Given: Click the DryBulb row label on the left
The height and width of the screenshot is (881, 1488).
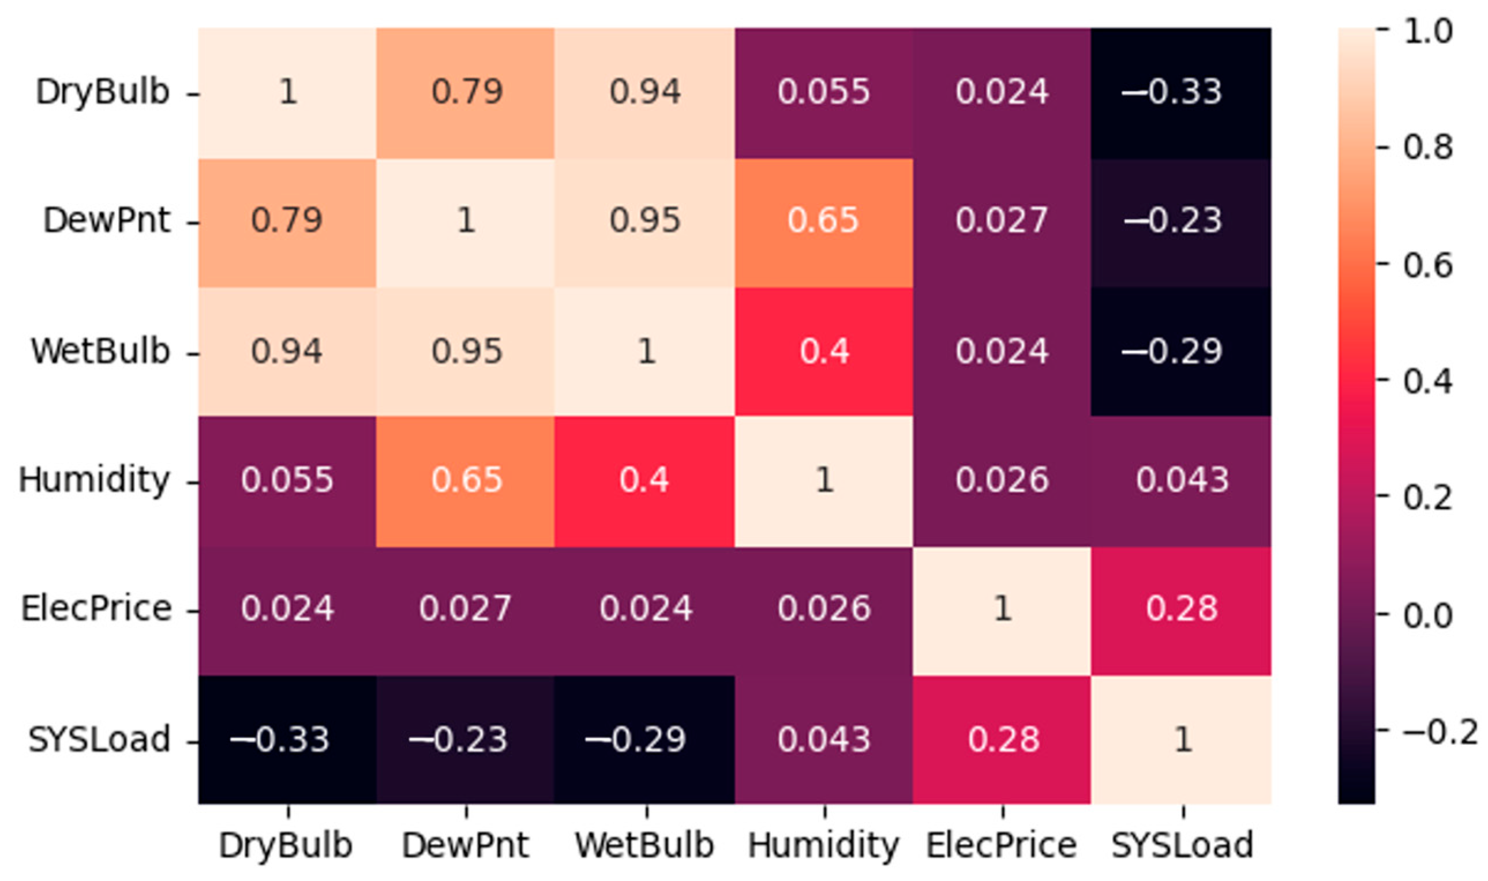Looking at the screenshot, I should click(x=102, y=93).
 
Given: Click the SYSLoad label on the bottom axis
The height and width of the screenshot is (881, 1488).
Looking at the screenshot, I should click(x=1182, y=845).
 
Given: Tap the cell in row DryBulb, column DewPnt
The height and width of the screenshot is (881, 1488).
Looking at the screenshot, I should click(x=466, y=93).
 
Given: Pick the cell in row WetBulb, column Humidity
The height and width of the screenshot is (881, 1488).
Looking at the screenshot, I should click(x=823, y=352).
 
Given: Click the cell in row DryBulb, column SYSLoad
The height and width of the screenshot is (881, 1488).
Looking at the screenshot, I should click(x=1180, y=93).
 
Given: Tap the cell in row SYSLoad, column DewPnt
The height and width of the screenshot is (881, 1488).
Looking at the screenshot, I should click(x=466, y=740).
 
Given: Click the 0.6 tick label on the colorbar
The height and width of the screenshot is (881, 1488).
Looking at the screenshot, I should click(x=1427, y=265).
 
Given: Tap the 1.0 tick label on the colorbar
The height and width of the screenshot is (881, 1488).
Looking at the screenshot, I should click(x=1427, y=31).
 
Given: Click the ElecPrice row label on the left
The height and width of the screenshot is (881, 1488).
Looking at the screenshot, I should click(x=96, y=609).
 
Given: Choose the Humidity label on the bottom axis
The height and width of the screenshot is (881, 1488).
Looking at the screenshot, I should click(x=823, y=845).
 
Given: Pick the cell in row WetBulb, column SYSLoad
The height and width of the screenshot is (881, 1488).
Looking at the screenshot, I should click(x=1180, y=352).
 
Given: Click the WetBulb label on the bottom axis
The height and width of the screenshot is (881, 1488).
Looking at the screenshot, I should click(x=644, y=845).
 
